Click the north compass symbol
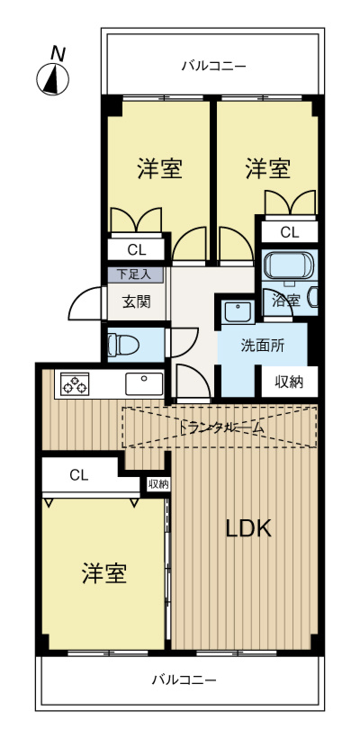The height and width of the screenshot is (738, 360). coord(54,80)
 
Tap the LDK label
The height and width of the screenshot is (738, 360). coord(247,529)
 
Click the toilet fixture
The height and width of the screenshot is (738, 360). coord(119,344)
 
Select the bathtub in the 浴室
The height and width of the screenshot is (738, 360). coord(288,266)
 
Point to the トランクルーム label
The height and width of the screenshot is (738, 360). coord(221,427)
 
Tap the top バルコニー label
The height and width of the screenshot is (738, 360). coord(213,65)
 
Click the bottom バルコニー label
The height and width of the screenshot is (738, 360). coord(184,679)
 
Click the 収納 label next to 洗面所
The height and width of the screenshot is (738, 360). coord(289,382)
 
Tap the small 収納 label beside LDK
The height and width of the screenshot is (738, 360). coord(157,484)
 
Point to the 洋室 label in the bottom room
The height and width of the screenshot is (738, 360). coord(104,573)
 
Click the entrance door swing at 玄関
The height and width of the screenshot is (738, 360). coord(87,301)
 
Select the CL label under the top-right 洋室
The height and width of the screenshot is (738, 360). coord(288,232)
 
